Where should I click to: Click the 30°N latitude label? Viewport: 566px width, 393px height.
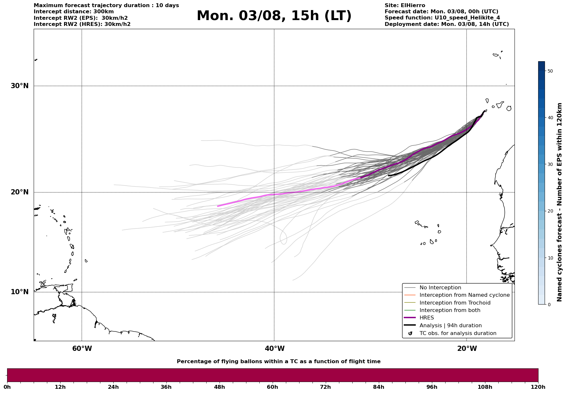[19, 86]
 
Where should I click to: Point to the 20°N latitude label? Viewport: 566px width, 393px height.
[19, 192]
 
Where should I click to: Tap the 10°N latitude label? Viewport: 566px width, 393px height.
[19, 292]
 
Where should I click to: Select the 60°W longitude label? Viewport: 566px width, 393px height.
[82, 349]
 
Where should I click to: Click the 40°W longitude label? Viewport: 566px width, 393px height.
[275, 349]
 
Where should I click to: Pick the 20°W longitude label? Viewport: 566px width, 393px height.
[467, 349]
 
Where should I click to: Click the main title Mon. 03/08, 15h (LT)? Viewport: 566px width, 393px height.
[274, 16]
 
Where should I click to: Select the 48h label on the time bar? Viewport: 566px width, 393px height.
[219, 387]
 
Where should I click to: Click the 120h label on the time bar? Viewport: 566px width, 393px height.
[538, 387]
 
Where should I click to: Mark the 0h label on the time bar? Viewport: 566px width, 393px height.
[7, 387]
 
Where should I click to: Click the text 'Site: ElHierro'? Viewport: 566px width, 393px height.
[405, 6]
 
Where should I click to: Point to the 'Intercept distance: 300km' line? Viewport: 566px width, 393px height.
[74, 12]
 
